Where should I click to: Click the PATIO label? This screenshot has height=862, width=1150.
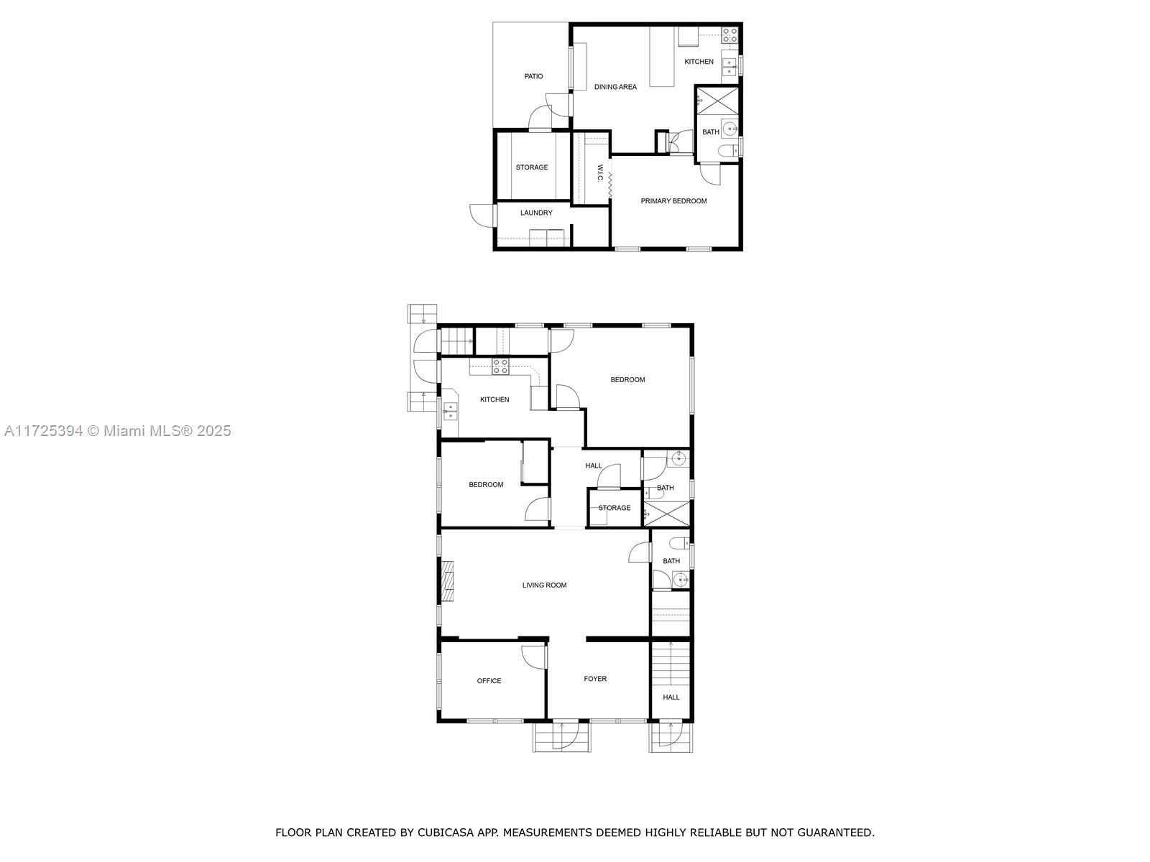point(533,76)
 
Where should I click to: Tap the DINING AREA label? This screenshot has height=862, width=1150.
point(615,87)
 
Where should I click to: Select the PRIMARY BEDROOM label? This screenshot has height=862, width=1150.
point(673,201)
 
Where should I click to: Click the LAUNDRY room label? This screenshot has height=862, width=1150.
point(536,213)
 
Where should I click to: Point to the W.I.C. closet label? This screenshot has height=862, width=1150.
point(600,173)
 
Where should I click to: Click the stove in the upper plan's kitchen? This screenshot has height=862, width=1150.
point(730,35)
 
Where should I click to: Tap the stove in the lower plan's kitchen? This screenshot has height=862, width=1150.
point(500,366)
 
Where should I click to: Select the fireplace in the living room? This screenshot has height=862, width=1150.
point(447,581)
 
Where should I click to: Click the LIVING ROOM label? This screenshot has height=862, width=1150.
point(544,585)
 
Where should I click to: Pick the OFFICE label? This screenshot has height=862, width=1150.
point(489,681)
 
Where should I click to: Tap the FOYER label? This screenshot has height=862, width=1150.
point(595,679)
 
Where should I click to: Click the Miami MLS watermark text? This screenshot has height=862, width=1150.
point(117,431)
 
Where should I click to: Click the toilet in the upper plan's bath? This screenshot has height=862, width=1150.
point(727,151)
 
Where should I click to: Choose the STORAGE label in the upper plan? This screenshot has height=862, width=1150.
point(532,167)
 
